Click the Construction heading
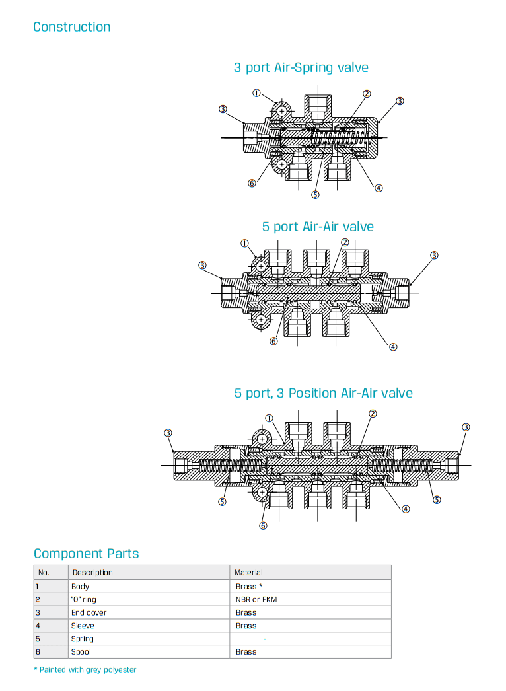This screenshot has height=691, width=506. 71,27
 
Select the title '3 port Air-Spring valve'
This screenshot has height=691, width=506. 301,67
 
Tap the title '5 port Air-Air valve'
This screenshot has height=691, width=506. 317,227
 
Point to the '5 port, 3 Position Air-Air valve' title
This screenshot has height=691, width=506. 323,393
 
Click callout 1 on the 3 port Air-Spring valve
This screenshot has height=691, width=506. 256,93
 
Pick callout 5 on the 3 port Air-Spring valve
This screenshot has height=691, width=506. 315,194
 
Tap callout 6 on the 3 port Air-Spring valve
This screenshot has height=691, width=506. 252,183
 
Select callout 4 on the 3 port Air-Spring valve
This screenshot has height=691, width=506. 379,188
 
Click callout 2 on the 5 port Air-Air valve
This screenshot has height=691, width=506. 345,242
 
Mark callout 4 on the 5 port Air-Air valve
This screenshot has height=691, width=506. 393,347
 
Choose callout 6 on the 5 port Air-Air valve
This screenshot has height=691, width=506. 273,341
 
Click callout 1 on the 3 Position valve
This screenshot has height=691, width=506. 269,418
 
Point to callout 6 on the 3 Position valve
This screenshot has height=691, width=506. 263,526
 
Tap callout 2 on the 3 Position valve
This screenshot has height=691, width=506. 373,414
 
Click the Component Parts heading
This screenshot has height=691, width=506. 86,554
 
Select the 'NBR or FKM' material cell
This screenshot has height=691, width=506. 256,599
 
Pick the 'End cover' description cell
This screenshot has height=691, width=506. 89,612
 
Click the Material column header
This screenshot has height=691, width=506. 249,573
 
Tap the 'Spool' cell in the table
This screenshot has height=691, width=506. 81,652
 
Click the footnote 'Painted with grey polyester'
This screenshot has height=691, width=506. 87,670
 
